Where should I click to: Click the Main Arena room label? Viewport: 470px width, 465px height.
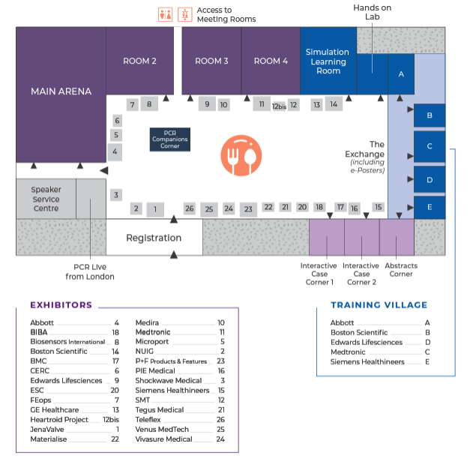pyautogui.click(x=61, y=91)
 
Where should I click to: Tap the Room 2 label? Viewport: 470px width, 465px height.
pyautogui.click(x=139, y=61)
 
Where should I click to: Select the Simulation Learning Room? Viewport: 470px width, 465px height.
pyautogui.click(x=328, y=61)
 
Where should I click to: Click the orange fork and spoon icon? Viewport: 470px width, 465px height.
pyautogui.click(x=241, y=154)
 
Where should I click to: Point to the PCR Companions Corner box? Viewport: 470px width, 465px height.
pyautogui.click(x=170, y=139)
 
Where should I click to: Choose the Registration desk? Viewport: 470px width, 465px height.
pyautogui.click(x=154, y=238)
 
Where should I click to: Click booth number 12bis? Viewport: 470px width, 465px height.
pyautogui.click(x=279, y=106)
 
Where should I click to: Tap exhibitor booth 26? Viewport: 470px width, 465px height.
pyautogui.click(x=189, y=208)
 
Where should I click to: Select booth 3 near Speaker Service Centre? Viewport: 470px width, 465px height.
pyautogui.click(x=115, y=195)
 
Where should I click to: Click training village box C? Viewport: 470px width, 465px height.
pyautogui.click(x=430, y=146)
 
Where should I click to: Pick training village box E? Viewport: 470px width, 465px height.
pyautogui.click(x=430, y=207)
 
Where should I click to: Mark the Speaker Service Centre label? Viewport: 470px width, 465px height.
pyautogui.click(x=46, y=199)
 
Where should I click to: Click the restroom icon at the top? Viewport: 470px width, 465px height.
pyautogui.click(x=174, y=14)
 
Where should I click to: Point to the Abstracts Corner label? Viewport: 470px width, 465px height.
pyautogui.click(x=401, y=269)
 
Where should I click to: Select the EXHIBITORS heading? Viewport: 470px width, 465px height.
pyautogui.click(x=61, y=305)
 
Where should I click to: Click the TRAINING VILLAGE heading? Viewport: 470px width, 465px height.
pyautogui.click(x=379, y=305)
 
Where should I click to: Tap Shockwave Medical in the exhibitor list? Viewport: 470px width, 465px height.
pyautogui.click(x=169, y=381)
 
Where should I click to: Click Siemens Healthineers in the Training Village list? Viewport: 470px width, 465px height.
pyautogui.click(x=367, y=361)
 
